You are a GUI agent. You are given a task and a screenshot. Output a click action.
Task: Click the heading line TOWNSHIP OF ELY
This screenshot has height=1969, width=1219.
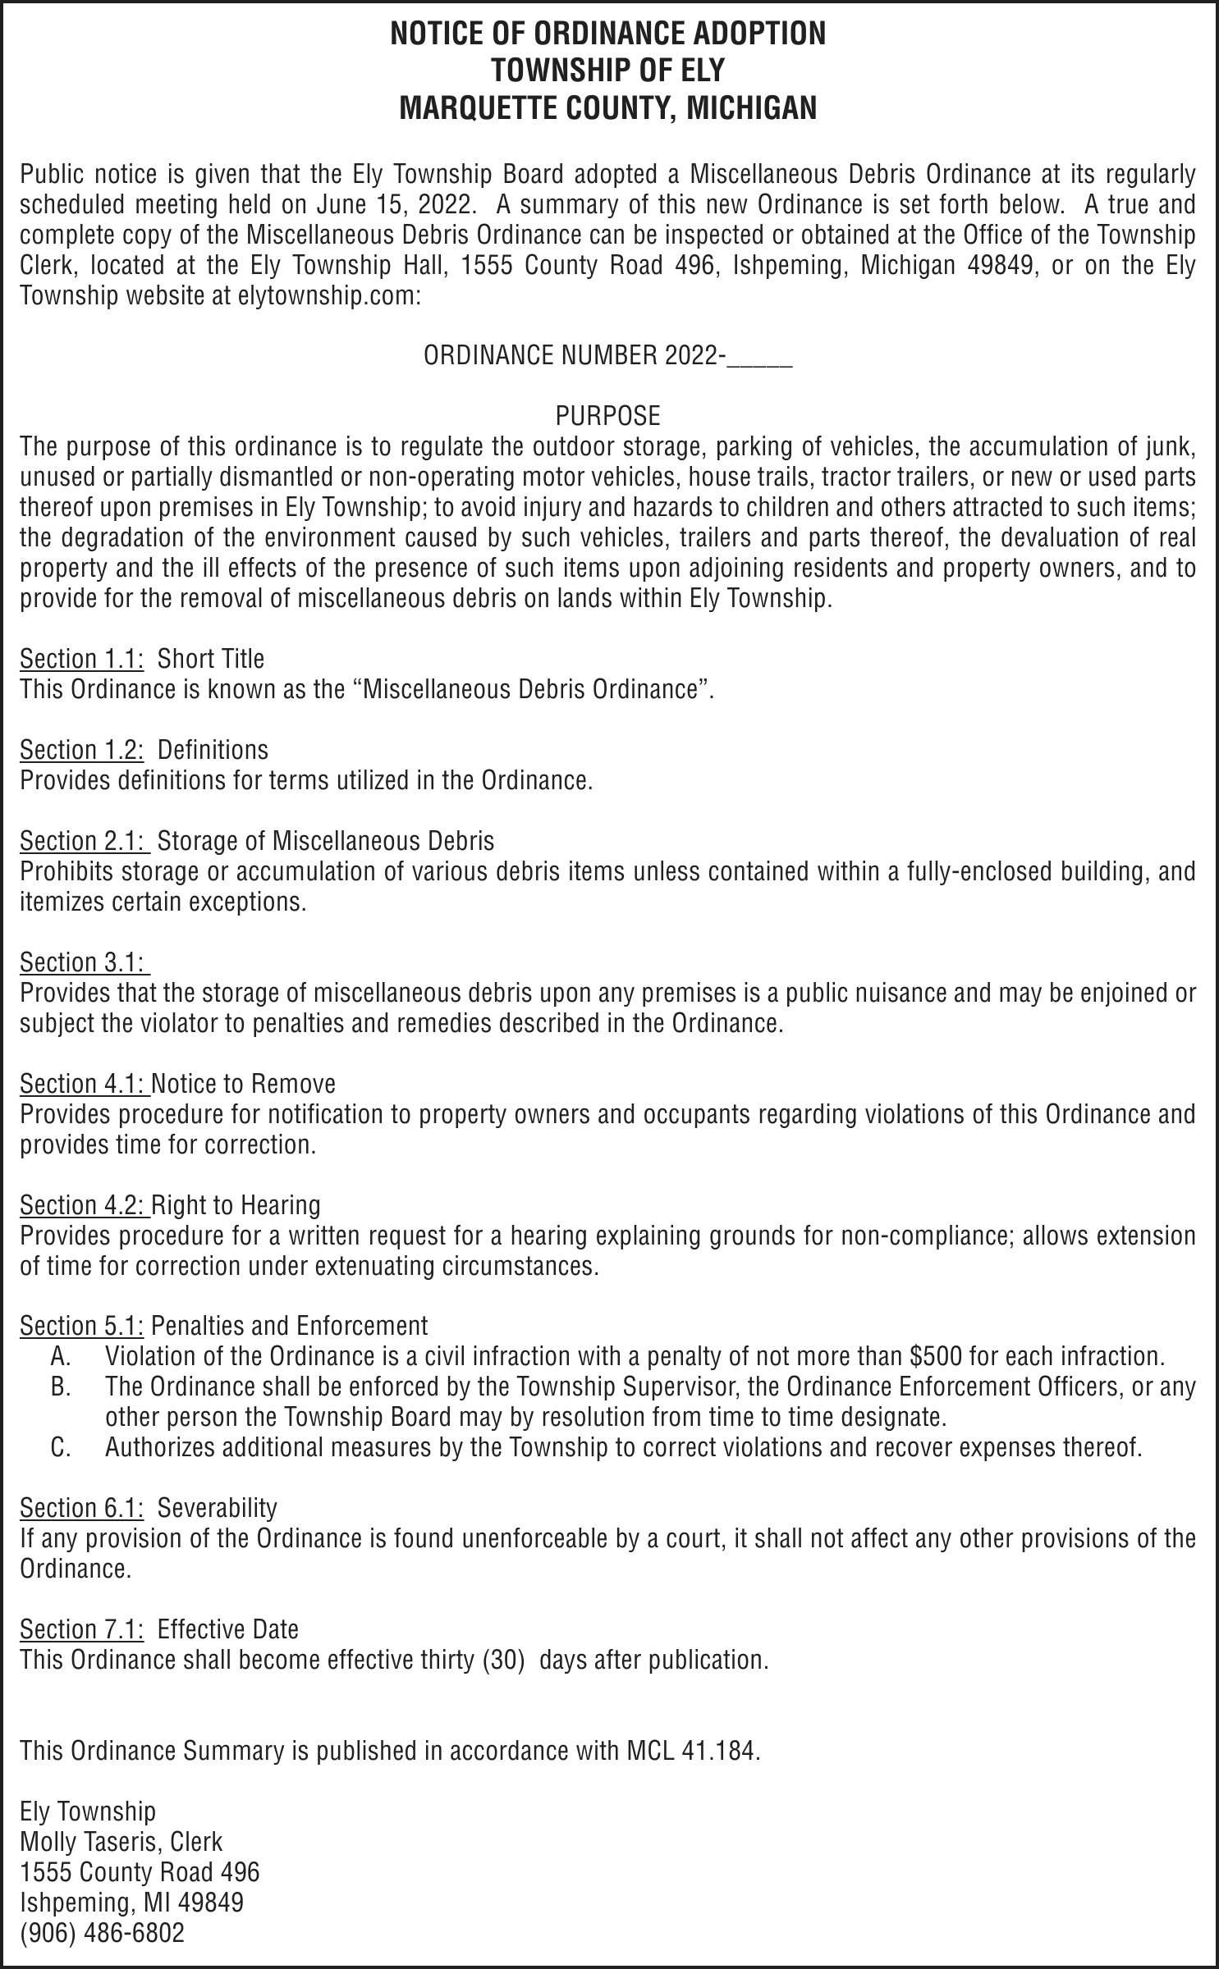[608, 71]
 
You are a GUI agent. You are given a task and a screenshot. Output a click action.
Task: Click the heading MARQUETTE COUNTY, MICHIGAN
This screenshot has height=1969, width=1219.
[608, 108]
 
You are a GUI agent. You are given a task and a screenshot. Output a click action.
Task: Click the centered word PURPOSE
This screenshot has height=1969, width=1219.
[608, 416]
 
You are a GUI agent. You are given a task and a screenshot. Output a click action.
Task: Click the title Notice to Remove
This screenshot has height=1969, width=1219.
[244, 1084]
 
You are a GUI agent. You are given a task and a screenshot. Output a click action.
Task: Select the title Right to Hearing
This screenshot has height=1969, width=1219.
[236, 1205]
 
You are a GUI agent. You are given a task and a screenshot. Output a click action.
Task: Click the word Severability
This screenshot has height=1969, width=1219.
[218, 1508]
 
